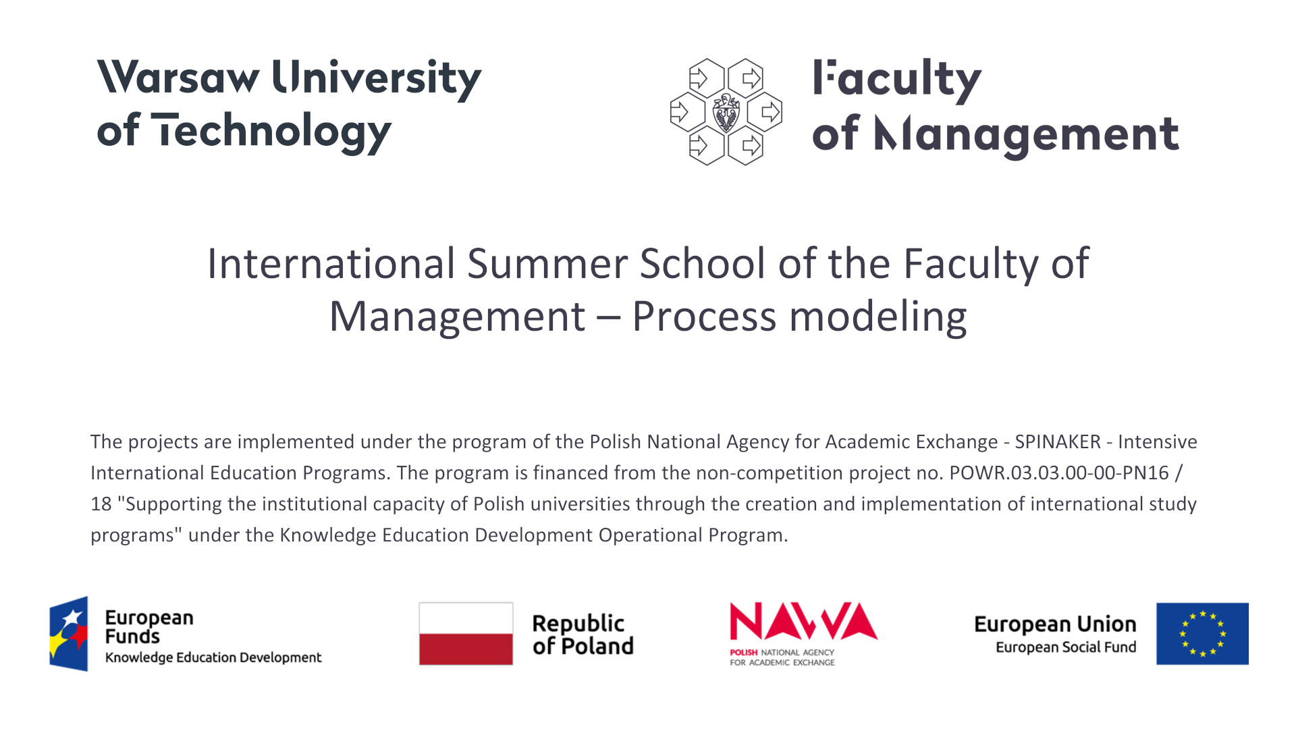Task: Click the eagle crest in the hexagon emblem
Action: [726, 112]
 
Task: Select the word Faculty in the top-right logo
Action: [897, 80]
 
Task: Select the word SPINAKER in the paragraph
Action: [1058, 441]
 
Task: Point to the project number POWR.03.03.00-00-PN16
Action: [1059, 473]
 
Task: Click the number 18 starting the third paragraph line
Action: [101, 504]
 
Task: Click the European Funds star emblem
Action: [69, 634]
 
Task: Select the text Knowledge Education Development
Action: [213, 657]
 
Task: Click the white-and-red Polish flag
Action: [466, 634]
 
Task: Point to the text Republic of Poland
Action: [583, 634]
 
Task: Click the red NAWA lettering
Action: [803, 621]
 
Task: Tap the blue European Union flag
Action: [1202, 634]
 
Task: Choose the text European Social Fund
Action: [1066, 647]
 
